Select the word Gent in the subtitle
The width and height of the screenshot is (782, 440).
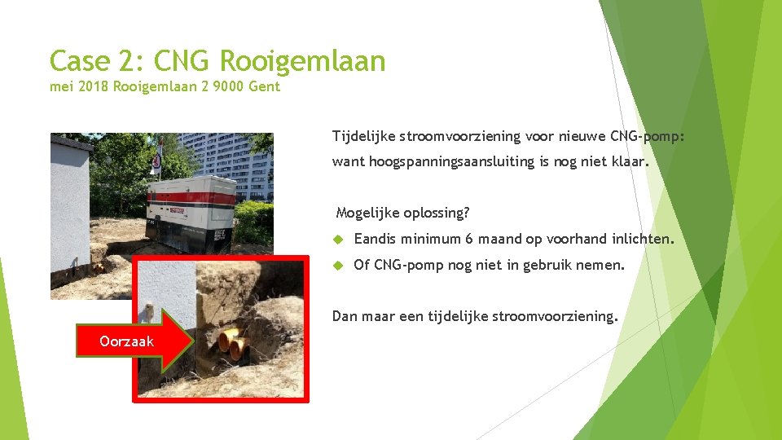coord(264,86)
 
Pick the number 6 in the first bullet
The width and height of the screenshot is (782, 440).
coord(469,240)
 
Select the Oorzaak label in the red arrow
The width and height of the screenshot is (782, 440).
coord(126,341)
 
